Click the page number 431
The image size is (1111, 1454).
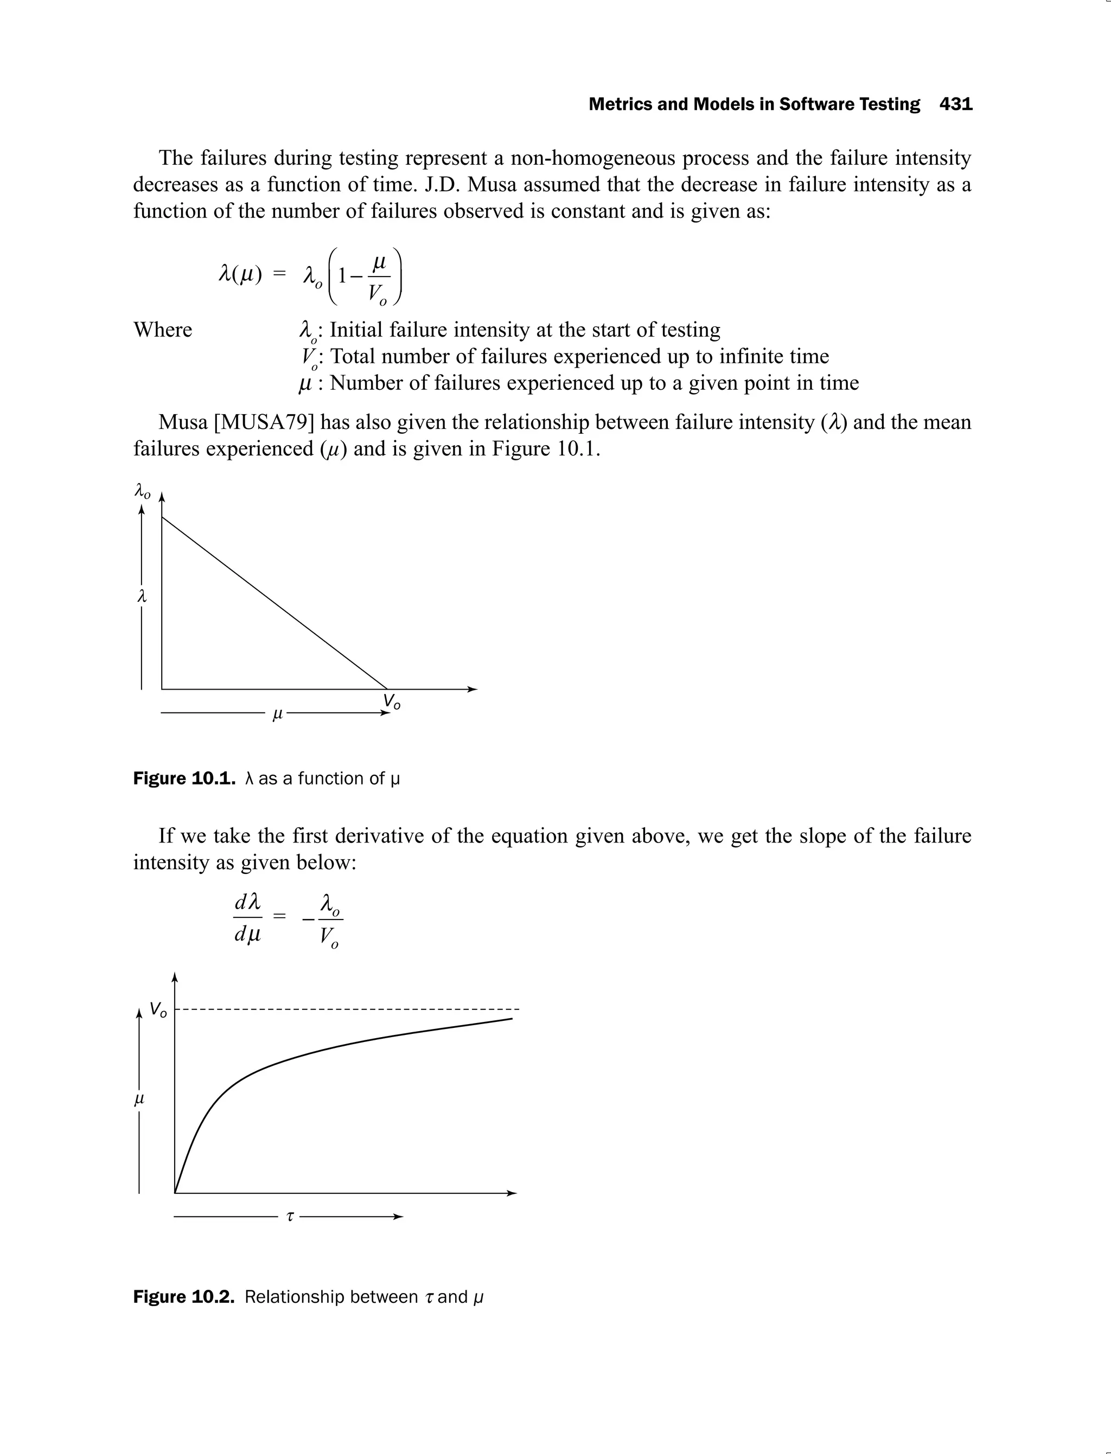pyautogui.click(x=956, y=105)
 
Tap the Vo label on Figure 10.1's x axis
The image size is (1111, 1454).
pyautogui.click(x=392, y=702)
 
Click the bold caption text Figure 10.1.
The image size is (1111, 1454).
pyautogui.click(x=184, y=779)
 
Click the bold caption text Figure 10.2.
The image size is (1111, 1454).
pyautogui.click(x=184, y=1297)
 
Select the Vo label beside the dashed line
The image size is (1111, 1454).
pyautogui.click(x=158, y=1010)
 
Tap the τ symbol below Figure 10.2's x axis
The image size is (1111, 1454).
pyautogui.click(x=290, y=1216)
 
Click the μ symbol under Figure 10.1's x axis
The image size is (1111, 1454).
pyautogui.click(x=278, y=714)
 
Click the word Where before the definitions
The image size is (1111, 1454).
pyautogui.click(x=163, y=330)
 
